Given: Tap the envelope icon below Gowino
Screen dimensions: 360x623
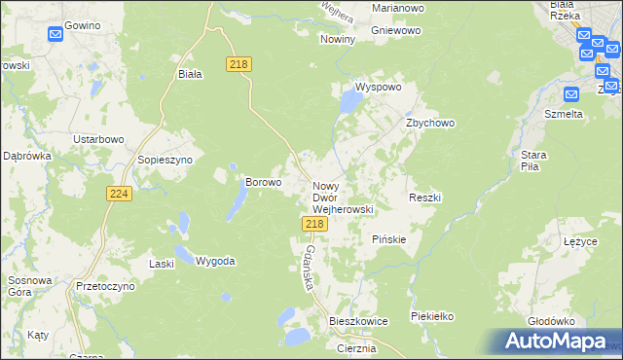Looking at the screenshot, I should pyautogui.click(x=55, y=35).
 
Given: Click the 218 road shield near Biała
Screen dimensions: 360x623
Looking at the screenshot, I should pyautogui.click(x=239, y=64).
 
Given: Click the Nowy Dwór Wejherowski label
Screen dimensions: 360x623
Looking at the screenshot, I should pyautogui.click(x=342, y=197).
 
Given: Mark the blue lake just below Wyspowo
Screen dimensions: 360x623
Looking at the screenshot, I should pyautogui.click(x=347, y=100).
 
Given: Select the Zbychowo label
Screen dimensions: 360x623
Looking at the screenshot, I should pyautogui.click(x=430, y=124).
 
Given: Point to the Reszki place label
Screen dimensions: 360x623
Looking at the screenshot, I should pyautogui.click(x=425, y=198).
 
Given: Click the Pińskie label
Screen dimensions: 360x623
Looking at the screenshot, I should pyautogui.click(x=389, y=239).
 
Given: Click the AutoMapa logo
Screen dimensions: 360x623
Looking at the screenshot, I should pyautogui.click(x=556, y=342).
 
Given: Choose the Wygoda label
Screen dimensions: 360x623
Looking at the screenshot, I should pyautogui.click(x=215, y=262).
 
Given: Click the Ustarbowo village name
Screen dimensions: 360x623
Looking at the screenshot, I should pyautogui.click(x=100, y=139).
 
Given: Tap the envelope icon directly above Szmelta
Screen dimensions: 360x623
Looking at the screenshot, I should pyautogui.click(x=570, y=93).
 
